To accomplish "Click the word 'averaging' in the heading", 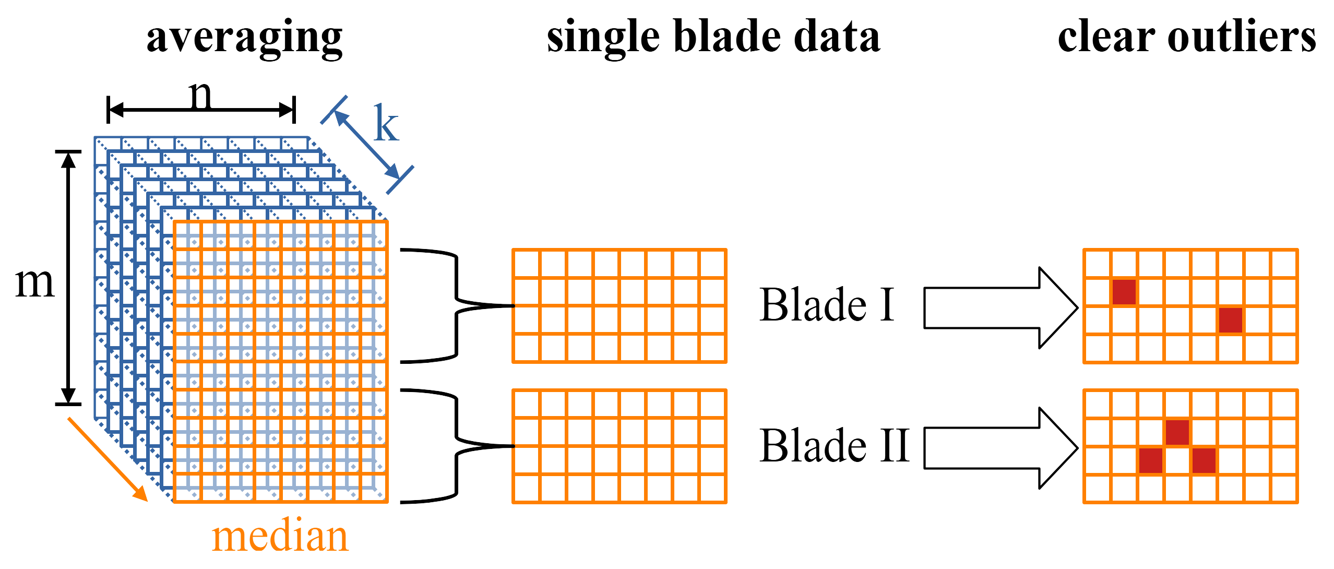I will [x=244, y=38].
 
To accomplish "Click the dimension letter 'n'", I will [x=200, y=95].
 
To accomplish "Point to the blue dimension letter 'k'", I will [x=386, y=124].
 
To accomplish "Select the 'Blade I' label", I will [x=827, y=305].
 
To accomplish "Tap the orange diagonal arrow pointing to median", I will [x=107, y=459].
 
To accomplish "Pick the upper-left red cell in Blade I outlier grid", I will [x=1124, y=292].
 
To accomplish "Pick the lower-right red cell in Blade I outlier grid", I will [x=1230, y=320].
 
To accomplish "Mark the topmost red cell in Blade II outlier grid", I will [x=1177, y=432].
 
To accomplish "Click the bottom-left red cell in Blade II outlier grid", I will [x=1150, y=460].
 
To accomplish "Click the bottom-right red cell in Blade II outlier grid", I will [x=1204, y=460].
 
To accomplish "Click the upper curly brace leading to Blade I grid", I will [x=457, y=305].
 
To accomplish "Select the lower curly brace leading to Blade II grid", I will [x=457, y=446].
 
